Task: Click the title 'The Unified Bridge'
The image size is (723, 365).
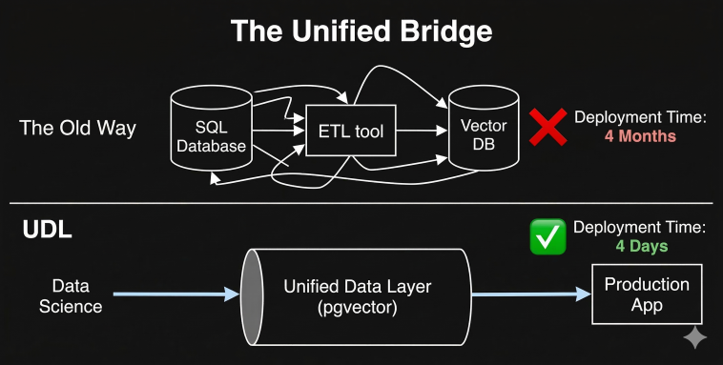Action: click(x=361, y=31)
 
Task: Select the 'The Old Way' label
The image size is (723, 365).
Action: click(x=77, y=129)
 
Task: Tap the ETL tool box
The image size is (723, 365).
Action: click(x=350, y=131)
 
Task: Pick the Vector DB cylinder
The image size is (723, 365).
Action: click(x=483, y=133)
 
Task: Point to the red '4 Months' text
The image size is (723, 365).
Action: click(x=639, y=136)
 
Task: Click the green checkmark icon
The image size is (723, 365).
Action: click(x=548, y=237)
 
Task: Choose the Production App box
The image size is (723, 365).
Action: click(x=647, y=294)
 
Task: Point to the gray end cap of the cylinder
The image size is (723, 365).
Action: click(x=251, y=295)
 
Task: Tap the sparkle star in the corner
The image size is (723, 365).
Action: click(x=694, y=337)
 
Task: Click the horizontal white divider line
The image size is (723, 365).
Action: click(x=361, y=203)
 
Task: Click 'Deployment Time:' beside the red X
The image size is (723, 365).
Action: click(x=639, y=118)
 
